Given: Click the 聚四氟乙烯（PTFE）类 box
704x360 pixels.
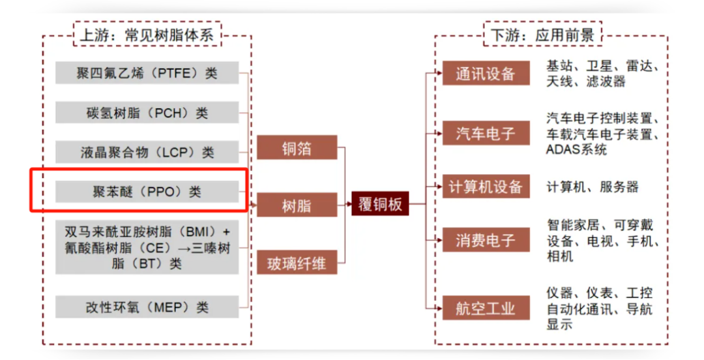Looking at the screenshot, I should (x=147, y=73).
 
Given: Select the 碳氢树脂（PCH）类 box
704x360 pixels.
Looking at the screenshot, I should (x=147, y=112).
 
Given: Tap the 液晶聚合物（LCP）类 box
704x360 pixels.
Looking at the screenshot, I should (x=147, y=152).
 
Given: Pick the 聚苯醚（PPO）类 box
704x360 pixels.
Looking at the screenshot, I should (x=147, y=191).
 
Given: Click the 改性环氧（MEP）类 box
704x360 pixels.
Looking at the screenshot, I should (x=147, y=307).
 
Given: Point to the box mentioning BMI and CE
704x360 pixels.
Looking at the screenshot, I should (x=147, y=248).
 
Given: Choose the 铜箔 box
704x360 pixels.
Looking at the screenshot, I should (x=297, y=148).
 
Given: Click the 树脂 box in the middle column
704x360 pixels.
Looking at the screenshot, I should (x=297, y=205).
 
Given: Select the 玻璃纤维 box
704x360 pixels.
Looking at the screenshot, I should (x=297, y=263).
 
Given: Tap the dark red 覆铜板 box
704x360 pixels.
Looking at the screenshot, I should (x=380, y=204).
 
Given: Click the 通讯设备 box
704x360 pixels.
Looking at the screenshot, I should (x=486, y=73).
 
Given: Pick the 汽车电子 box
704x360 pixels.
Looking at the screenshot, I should (x=486, y=134).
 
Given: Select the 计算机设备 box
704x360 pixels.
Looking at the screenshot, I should (x=486, y=187).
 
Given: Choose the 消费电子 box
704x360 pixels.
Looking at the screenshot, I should (x=486, y=241).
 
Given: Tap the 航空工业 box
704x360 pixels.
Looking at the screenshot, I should (x=486, y=308).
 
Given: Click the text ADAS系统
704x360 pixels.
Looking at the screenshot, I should (x=576, y=149).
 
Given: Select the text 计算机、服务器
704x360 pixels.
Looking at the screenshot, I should (x=593, y=187).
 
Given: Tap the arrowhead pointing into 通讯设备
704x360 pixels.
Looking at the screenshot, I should (x=439, y=73).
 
